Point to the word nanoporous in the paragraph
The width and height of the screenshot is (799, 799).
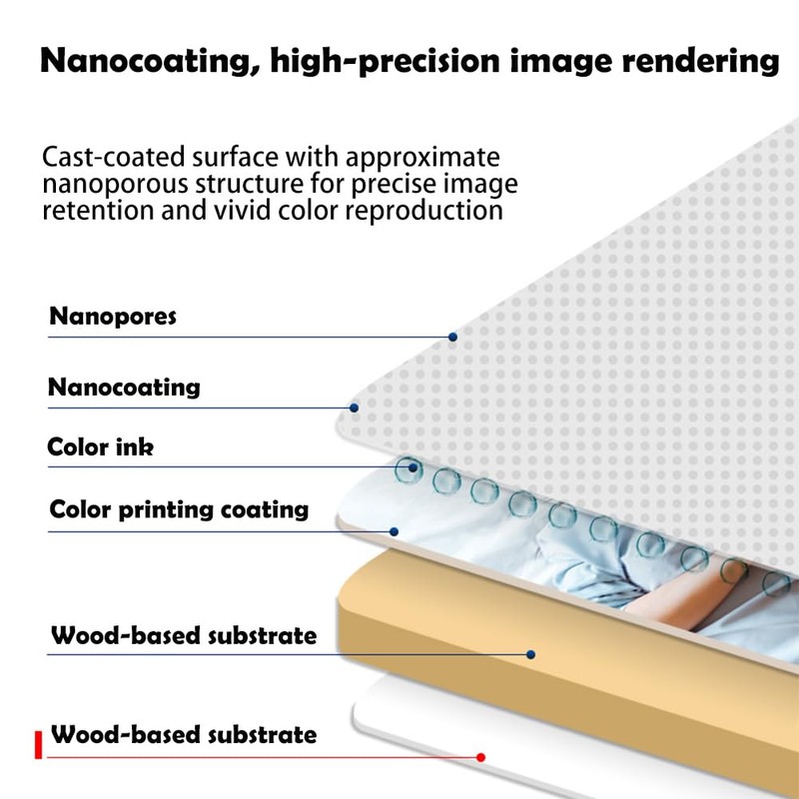point(118,185)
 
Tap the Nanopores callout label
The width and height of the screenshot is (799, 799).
point(113,318)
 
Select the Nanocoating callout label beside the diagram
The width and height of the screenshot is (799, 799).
point(124,388)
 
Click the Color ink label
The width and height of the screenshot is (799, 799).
point(101,447)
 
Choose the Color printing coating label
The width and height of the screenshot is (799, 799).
point(179,510)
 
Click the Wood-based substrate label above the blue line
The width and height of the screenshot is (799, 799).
point(184,635)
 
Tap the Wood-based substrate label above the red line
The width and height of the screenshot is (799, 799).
point(184,736)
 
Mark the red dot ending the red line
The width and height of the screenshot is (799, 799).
point(480,757)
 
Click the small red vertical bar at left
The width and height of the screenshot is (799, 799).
point(38,745)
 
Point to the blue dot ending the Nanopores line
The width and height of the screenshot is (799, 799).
point(452,338)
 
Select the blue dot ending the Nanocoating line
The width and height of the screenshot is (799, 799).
point(355,407)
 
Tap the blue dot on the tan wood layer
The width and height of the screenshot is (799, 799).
point(531,655)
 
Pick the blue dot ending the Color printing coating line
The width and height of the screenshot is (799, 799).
point(395,531)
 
